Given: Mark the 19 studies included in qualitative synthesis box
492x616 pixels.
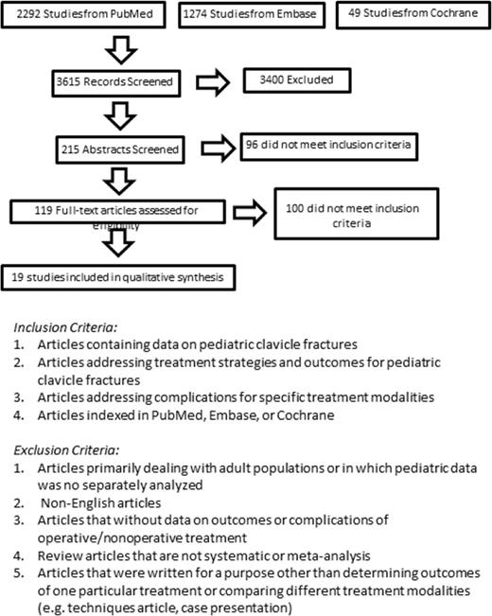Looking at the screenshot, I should click(120, 277).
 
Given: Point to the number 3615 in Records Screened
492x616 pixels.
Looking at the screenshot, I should click(71, 80).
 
